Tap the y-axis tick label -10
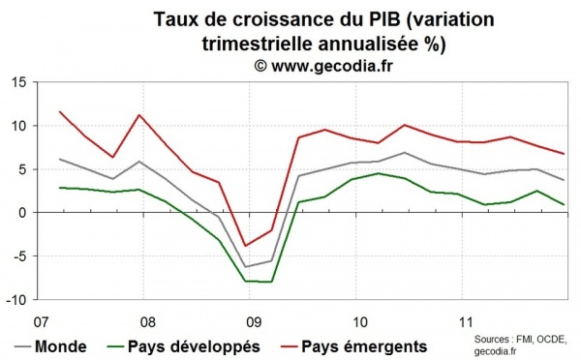(15, 300)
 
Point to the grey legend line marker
(21, 345)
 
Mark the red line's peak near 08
(142, 115)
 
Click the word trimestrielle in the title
(260, 43)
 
